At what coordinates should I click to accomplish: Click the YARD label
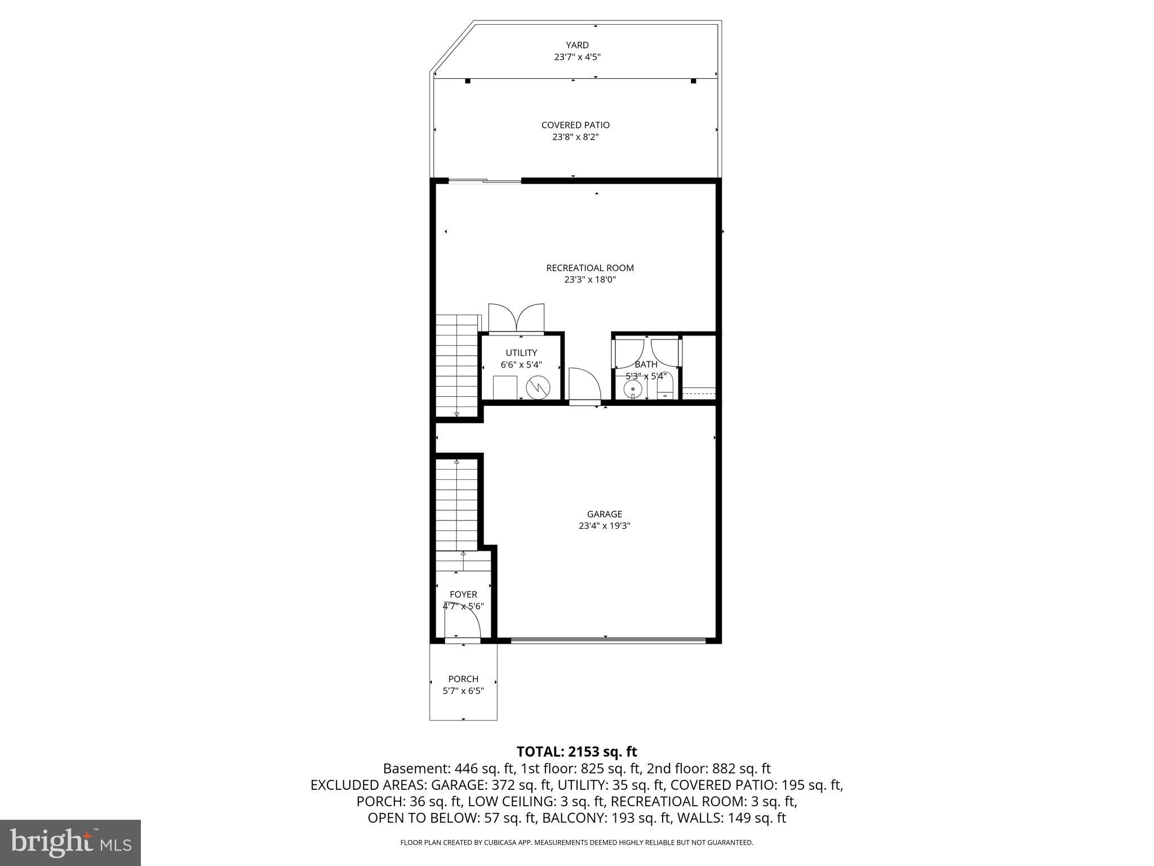click(x=577, y=45)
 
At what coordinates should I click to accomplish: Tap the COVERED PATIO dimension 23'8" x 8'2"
click(x=575, y=137)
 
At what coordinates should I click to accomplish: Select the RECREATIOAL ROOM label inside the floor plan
click(x=589, y=268)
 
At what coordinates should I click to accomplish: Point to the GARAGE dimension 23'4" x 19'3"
click(x=604, y=526)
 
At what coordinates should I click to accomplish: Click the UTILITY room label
click(x=521, y=353)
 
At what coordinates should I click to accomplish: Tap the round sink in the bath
click(x=633, y=388)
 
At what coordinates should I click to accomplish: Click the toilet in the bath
click(x=665, y=390)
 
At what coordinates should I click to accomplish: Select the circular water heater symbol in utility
click(x=537, y=387)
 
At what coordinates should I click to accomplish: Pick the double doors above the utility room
click(x=516, y=319)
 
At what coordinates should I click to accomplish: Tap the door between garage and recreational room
click(x=585, y=386)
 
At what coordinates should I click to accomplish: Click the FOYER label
click(x=463, y=594)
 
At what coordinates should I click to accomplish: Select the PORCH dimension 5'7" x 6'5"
click(x=463, y=691)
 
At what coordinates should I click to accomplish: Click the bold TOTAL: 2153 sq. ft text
click(x=576, y=752)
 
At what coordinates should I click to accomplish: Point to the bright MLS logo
click(x=70, y=842)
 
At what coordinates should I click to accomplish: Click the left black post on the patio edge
click(x=468, y=81)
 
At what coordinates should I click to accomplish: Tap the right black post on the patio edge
click(x=694, y=81)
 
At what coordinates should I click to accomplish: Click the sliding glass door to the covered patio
click(x=485, y=181)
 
